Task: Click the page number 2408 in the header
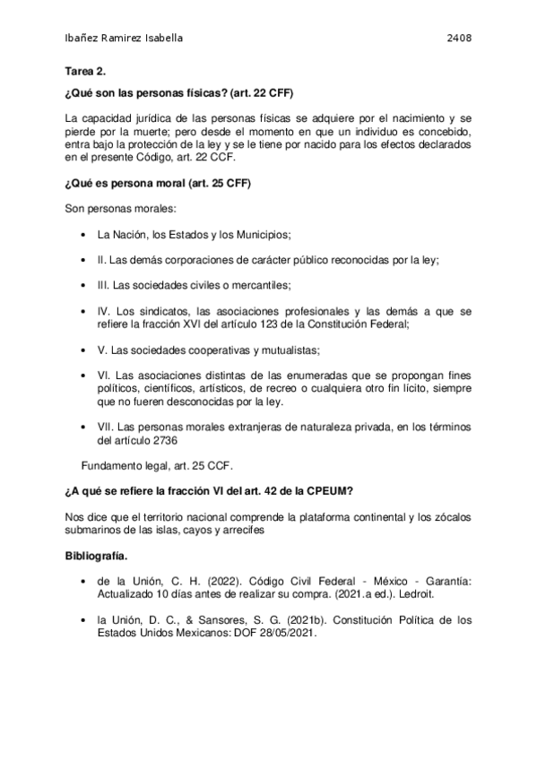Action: click(x=459, y=39)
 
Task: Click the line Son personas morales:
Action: click(x=114, y=210)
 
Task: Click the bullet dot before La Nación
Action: click(x=83, y=235)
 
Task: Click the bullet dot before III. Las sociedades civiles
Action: click(x=83, y=286)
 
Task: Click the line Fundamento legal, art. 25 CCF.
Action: click(x=156, y=466)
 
